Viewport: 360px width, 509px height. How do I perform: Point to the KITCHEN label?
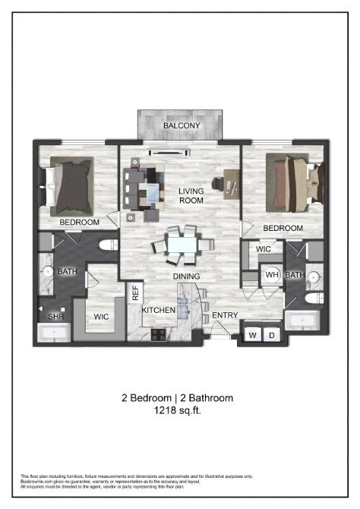click(159, 311)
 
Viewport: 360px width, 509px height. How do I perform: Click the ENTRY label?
click(225, 315)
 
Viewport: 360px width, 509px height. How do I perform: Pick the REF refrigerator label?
click(136, 292)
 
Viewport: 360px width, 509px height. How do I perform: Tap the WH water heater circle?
click(271, 275)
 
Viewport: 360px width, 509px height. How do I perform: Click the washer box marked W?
click(252, 334)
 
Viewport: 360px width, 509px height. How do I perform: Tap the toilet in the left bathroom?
click(106, 245)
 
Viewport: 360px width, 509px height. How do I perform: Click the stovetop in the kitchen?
click(159, 334)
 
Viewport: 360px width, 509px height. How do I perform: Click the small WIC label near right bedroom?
click(264, 248)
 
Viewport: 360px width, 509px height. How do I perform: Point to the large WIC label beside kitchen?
click(99, 316)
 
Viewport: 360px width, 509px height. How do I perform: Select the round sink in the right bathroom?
click(313, 276)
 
